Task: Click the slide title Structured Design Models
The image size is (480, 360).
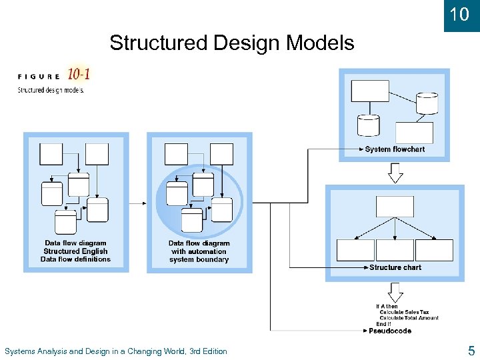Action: [232, 43]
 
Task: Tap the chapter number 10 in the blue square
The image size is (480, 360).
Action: [460, 14]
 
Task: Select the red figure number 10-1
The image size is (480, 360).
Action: [79, 74]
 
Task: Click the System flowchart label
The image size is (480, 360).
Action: [395, 149]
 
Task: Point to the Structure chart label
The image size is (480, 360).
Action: [395, 267]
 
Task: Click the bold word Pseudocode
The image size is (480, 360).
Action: [390, 331]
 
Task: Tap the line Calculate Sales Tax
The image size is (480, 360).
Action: [404, 312]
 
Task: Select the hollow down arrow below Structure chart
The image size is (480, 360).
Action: [395, 291]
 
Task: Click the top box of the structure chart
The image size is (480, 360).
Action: [395, 207]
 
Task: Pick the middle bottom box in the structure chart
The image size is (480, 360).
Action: [395, 250]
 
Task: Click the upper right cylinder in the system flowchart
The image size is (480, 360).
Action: [427, 103]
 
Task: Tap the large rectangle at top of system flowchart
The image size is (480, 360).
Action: [370, 91]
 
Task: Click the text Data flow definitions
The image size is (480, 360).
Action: [75, 259]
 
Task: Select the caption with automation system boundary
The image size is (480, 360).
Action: [199, 255]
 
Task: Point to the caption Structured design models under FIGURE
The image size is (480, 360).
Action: [51, 90]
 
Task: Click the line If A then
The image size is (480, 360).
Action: [387, 307]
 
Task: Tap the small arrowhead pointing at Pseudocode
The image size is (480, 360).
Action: [365, 331]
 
